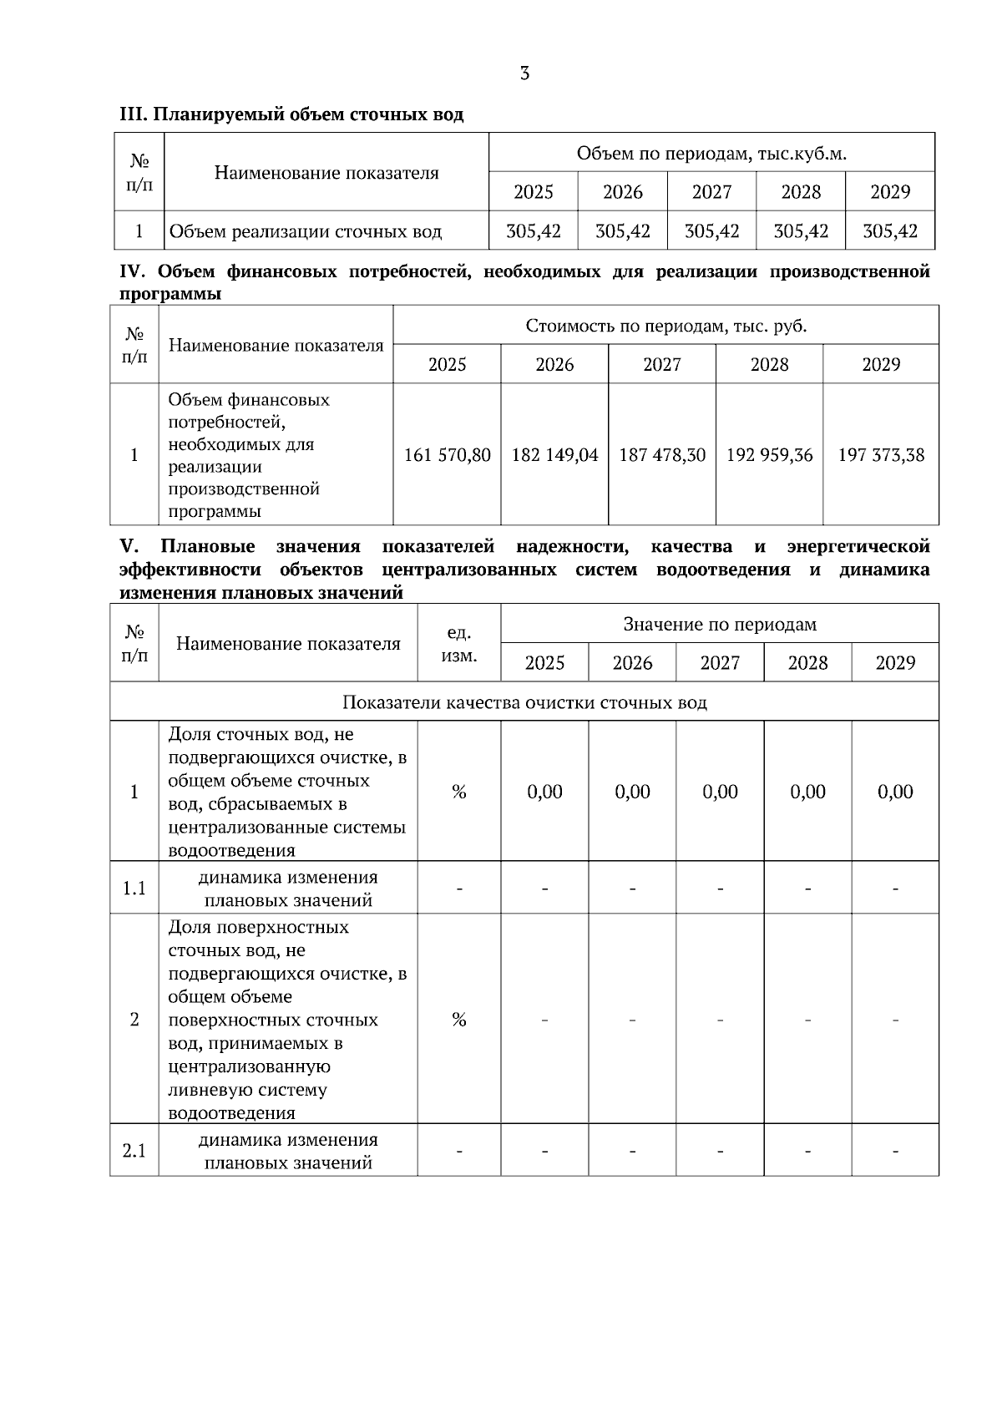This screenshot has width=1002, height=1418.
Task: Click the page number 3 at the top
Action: (524, 73)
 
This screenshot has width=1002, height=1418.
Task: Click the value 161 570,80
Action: (448, 455)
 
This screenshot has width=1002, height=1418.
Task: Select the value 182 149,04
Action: (554, 455)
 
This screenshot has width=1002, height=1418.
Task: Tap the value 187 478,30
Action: (662, 455)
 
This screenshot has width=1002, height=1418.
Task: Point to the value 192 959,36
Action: (769, 455)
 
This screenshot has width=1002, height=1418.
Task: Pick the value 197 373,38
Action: (881, 455)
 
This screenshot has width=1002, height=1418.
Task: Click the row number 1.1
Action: (134, 888)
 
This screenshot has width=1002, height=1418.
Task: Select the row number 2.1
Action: (134, 1151)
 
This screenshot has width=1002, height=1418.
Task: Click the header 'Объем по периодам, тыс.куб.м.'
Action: (711, 154)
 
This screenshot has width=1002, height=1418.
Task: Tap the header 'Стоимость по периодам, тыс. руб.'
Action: (665, 326)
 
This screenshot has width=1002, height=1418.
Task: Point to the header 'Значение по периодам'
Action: (720, 624)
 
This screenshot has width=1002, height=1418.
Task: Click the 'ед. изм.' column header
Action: (458, 644)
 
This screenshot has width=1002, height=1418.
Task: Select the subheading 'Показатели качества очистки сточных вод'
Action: (524, 702)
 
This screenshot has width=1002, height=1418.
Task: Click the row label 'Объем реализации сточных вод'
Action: (306, 231)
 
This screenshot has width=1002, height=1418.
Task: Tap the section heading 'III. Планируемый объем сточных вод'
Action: (291, 114)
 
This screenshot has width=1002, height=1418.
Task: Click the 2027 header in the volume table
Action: (711, 192)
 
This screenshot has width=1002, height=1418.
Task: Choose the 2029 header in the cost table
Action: (881, 364)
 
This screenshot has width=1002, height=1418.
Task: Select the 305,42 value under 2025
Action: (534, 231)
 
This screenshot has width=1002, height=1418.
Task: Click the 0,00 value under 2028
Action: (807, 792)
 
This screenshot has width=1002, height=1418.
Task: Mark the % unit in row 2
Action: (458, 1020)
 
